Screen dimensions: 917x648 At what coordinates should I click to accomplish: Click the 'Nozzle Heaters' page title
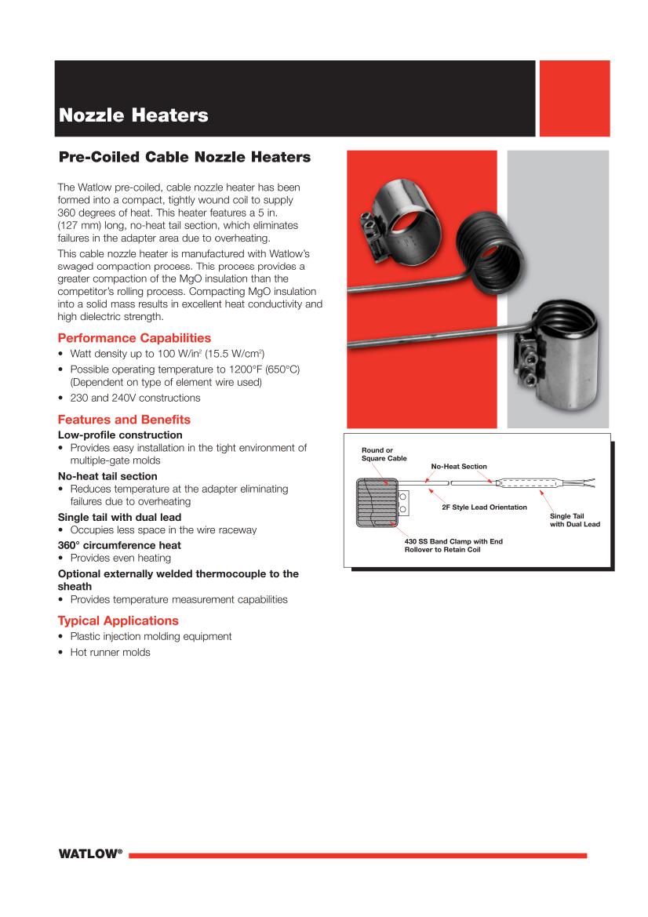pyautogui.click(x=133, y=116)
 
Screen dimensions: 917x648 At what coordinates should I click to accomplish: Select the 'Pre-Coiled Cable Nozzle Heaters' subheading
pyautogui.click(x=184, y=157)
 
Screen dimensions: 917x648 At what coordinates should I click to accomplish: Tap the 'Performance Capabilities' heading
pyautogui.click(x=134, y=338)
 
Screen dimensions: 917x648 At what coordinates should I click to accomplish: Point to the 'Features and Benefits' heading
pyautogui.click(x=124, y=420)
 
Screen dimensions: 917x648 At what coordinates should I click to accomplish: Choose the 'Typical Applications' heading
pyautogui.click(x=118, y=620)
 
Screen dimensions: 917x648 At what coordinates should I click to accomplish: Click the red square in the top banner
pyautogui.click(x=574, y=98)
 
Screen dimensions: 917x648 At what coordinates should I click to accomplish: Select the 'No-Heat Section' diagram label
pyautogui.click(x=459, y=467)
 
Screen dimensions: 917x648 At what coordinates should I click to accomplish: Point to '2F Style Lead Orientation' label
pyautogui.click(x=484, y=508)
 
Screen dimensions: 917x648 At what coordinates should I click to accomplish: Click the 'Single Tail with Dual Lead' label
pyautogui.click(x=574, y=520)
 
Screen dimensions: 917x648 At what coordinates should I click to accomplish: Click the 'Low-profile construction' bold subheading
pyautogui.click(x=120, y=435)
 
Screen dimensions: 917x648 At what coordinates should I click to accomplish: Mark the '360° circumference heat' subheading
pyautogui.click(x=119, y=545)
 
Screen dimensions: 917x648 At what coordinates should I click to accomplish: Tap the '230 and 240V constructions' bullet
pyautogui.click(x=135, y=398)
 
